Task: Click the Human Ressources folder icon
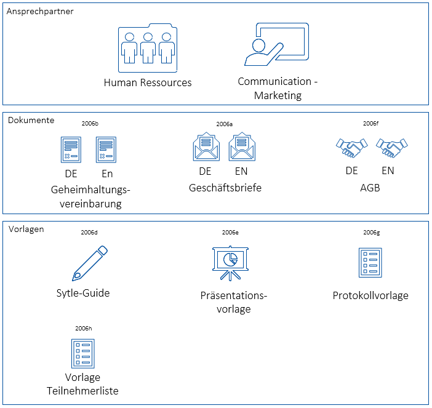click(x=147, y=48)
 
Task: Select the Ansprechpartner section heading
click(x=40, y=12)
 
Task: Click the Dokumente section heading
click(x=31, y=120)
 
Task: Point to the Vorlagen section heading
click(x=26, y=229)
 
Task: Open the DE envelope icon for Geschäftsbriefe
click(x=206, y=148)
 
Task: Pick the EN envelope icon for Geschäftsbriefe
click(x=241, y=148)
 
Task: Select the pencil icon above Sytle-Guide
click(x=90, y=263)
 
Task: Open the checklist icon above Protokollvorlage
click(x=370, y=263)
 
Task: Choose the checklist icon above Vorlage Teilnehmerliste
click(x=82, y=353)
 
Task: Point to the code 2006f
click(x=370, y=124)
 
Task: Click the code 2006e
click(x=230, y=233)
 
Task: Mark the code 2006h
click(x=83, y=328)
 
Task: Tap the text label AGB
click(x=370, y=188)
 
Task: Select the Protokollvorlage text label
click(x=370, y=295)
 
